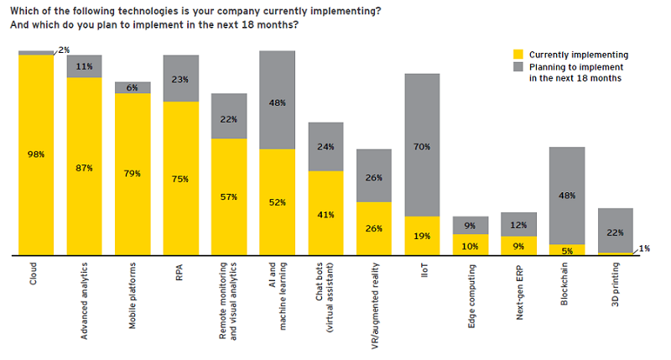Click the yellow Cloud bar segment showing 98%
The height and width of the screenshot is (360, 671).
pos(36,154)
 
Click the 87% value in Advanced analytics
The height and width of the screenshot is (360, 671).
pos(84,168)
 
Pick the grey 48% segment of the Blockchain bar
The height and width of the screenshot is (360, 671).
pos(567,196)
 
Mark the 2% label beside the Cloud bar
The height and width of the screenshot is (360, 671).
pos(65,50)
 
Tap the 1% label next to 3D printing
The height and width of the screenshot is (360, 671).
pos(644,248)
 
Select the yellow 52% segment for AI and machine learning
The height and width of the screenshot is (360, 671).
pos(277,201)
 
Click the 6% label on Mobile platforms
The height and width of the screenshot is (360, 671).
pos(133,87)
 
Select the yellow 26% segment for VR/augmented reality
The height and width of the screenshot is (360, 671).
pos(374,227)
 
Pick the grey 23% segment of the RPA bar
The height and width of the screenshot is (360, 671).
pos(181,78)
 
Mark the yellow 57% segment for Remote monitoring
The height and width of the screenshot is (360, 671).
pos(229,196)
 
